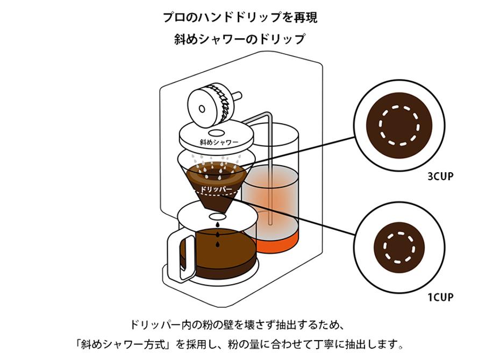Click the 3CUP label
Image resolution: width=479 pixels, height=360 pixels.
(x=440, y=176)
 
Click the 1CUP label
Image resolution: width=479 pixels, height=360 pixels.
(x=440, y=297)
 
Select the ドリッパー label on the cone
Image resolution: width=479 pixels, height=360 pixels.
(x=216, y=190)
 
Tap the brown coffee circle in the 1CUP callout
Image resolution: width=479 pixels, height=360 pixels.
(x=399, y=248)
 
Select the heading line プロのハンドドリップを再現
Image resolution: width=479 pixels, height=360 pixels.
(x=240, y=17)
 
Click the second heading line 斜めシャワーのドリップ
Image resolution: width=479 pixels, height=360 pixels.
(x=240, y=39)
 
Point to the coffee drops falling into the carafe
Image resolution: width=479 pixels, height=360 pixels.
(x=217, y=237)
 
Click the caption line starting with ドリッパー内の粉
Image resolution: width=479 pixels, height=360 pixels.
(x=240, y=325)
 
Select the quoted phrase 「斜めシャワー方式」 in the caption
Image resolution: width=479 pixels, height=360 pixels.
(x=125, y=343)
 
